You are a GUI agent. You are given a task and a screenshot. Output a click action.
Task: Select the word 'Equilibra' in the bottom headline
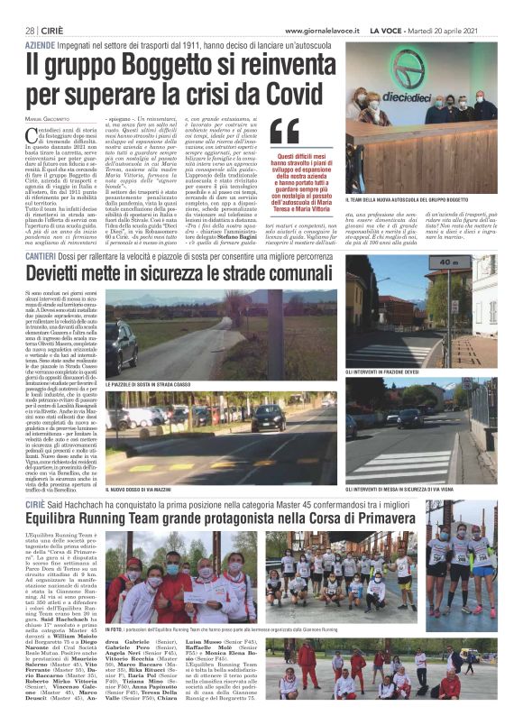pos(65,519)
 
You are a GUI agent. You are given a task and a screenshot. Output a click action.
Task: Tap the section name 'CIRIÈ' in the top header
pos(55,31)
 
